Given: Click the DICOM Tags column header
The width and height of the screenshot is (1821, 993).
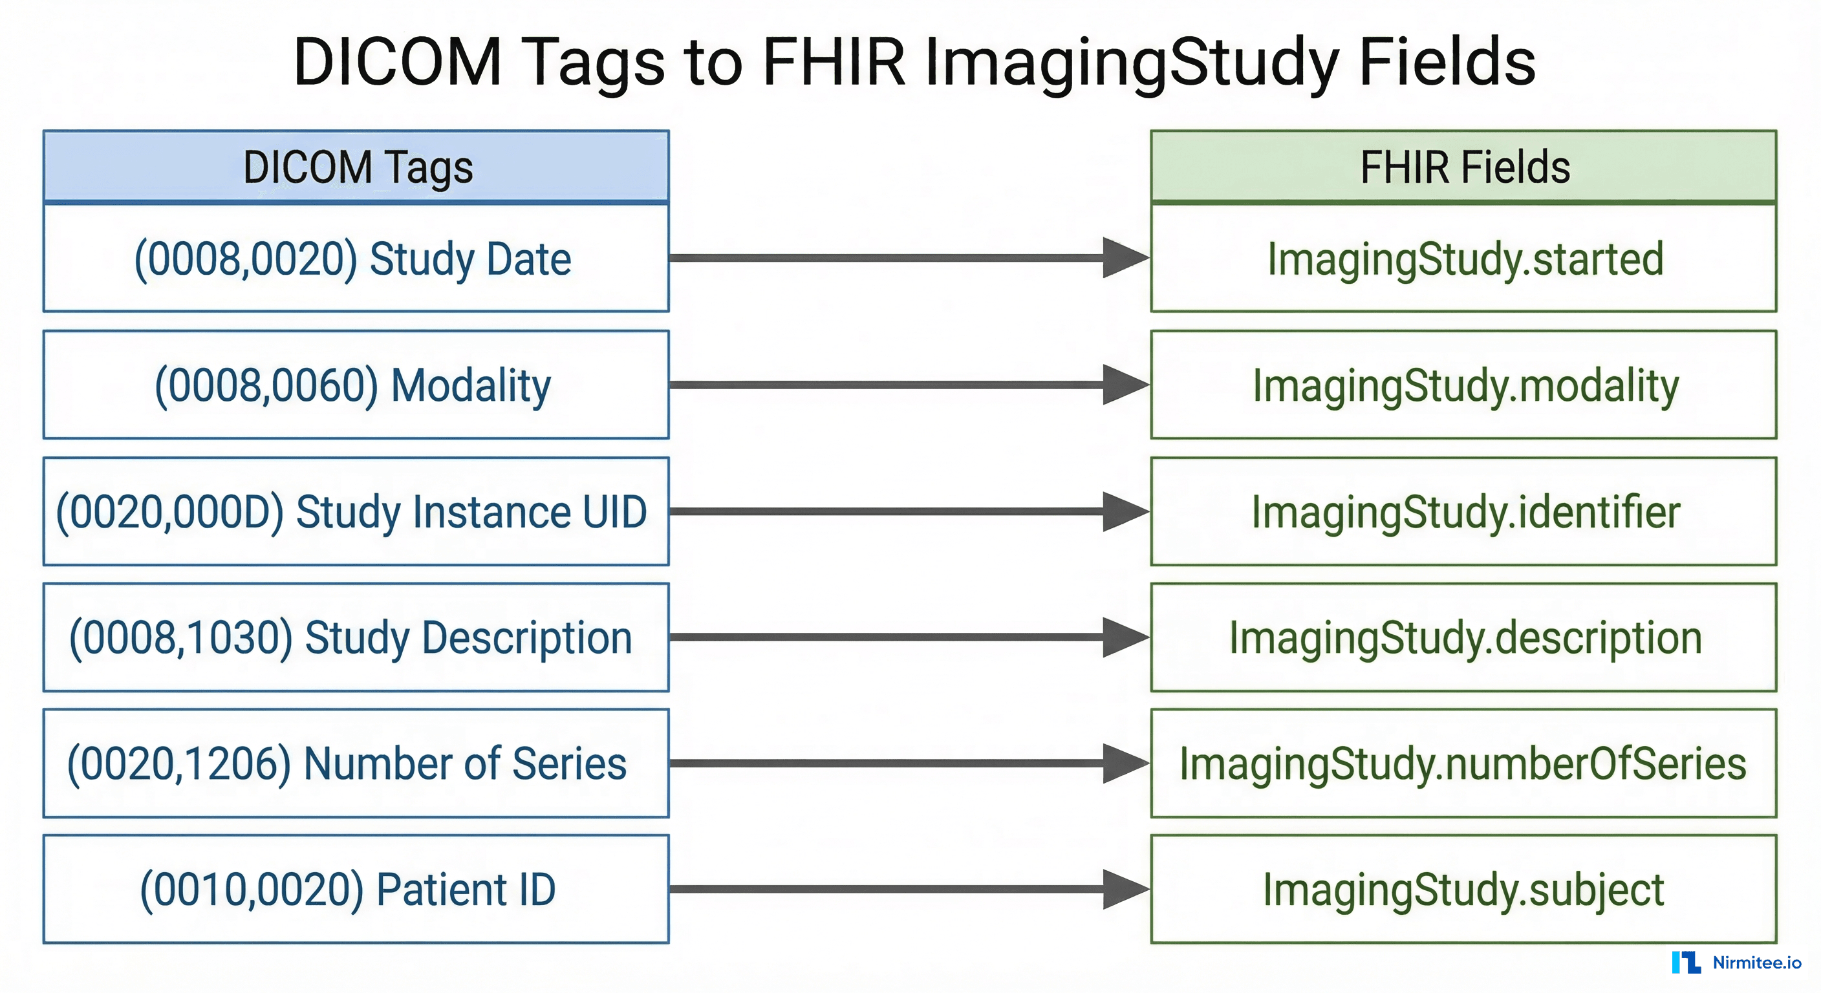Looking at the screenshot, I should click(356, 167).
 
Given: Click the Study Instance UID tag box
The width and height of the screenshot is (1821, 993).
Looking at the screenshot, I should click(356, 512).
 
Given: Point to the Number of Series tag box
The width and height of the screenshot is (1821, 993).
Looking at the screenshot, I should click(356, 763).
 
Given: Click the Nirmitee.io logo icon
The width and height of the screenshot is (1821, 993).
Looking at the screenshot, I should click(1686, 963).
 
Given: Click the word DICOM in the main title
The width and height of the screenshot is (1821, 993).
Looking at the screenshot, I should click(397, 62).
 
